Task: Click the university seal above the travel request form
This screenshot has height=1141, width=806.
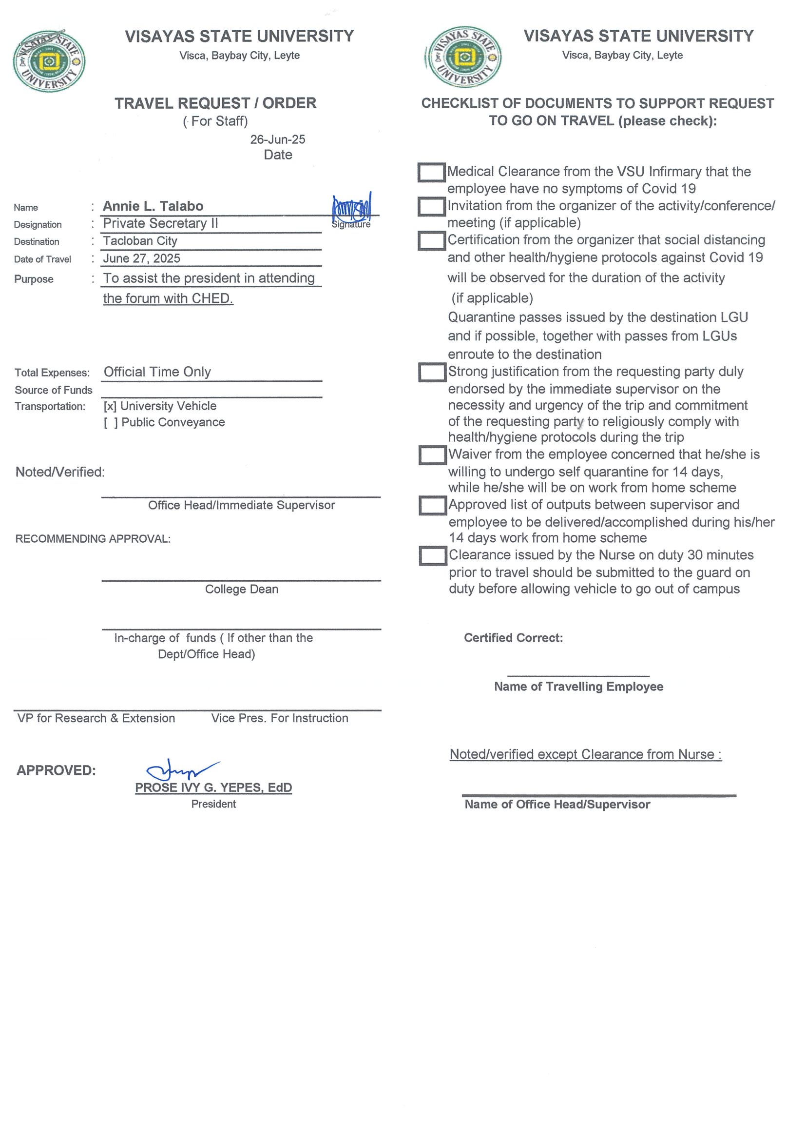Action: pyautogui.click(x=49, y=61)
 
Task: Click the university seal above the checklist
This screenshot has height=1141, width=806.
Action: pyautogui.click(x=464, y=57)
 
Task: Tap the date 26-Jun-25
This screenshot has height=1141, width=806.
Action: pyautogui.click(x=278, y=139)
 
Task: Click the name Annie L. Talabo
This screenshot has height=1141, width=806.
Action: pyautogui.click(x=153, y=206)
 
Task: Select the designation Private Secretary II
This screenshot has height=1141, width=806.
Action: pyautogui.click(x=160, y=224)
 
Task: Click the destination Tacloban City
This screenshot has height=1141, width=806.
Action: pyautogui.click(x=140, y=241)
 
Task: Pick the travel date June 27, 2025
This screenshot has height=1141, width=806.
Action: pyautogui.click(x=141, y=258)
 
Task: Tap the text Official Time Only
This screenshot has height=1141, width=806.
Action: pyautogui.click(x=157, y=372)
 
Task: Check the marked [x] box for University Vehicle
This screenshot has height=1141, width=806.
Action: pyautogui.click(x=110, y=407)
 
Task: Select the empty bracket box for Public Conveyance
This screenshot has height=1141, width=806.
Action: pyautogui.click(x=111, y=422)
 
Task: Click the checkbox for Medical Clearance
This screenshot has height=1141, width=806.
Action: pyautogui.click(x=431, y=173)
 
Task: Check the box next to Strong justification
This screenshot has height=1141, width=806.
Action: pyautogui.click(x=432, y=372)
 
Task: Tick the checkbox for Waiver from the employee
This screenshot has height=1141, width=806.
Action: pyautogui.click(x=432, y=455)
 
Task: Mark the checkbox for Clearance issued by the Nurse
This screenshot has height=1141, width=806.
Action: pyautogui.click(x=433, y=556)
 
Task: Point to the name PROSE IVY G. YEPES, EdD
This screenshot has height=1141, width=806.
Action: pyautogui.click(x=213, y=787)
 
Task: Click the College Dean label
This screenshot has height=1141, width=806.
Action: pyautogui.click(x=242, y=590)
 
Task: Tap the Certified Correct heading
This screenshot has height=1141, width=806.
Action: pyautogui.click(x=514, y=638)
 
